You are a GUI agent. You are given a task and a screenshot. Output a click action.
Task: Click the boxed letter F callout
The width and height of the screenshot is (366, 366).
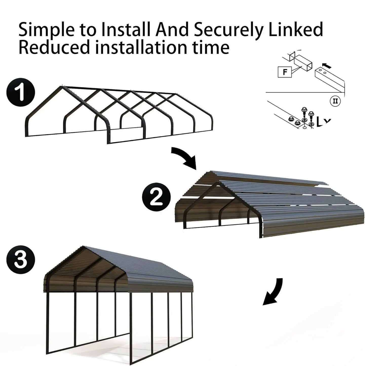285,72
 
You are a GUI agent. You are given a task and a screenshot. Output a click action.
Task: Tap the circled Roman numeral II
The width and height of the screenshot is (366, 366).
335,101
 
